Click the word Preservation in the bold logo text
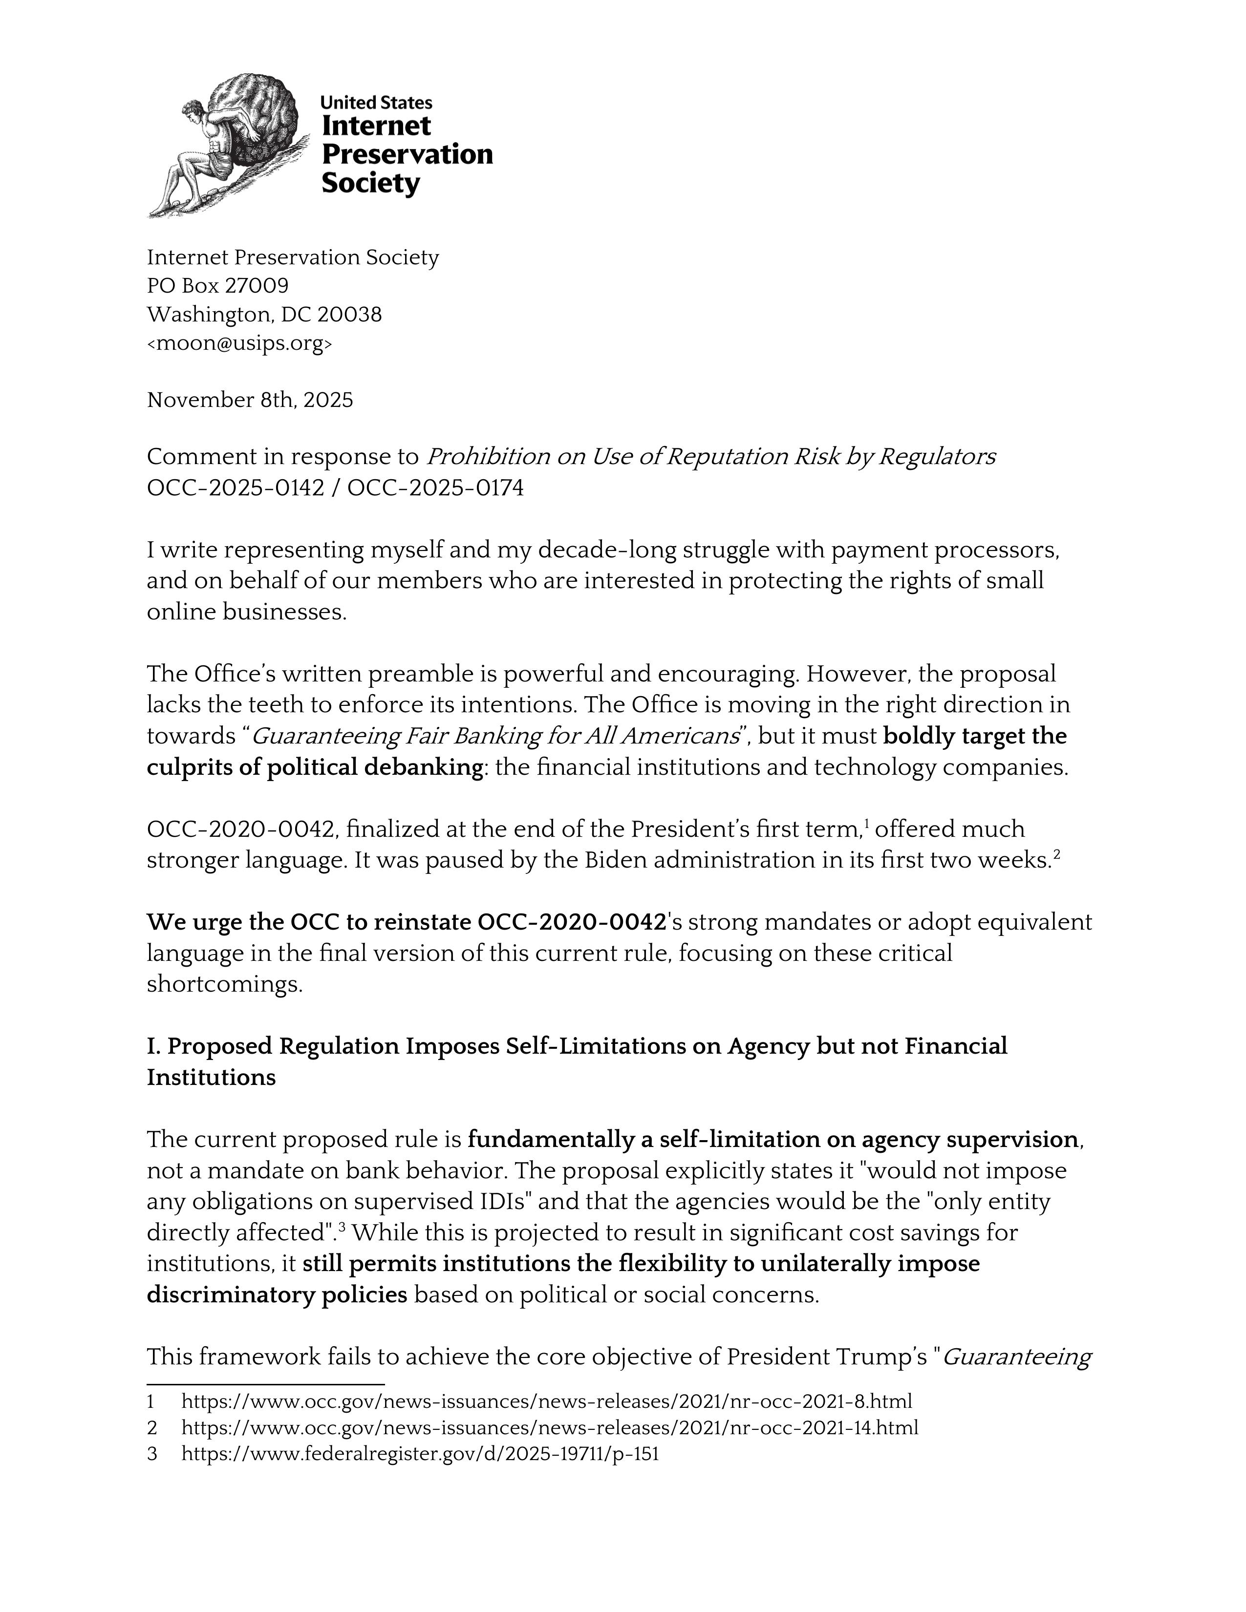407,154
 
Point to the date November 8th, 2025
250,400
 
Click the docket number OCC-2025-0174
435,488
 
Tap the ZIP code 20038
349,315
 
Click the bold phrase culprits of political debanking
315,767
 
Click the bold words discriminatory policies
277,1294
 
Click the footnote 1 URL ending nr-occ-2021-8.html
546,1401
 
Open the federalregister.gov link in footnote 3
419,1454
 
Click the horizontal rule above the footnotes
266,1385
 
